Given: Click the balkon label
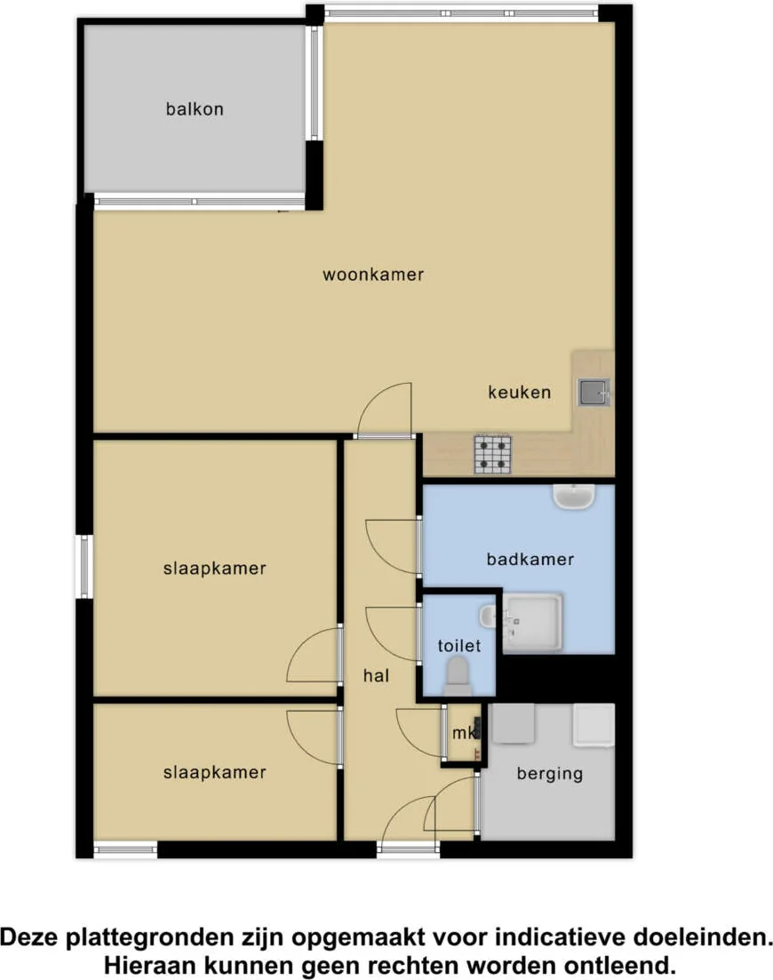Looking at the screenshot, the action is pos(195,109).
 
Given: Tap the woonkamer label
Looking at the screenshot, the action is pos(373,275).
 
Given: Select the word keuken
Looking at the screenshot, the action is pos(519,393).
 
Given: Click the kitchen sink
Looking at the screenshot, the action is pos(593,393).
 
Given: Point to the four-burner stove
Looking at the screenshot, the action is pos(492,454).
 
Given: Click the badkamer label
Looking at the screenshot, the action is pos(530,559).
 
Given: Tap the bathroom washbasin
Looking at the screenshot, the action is pos(574,497).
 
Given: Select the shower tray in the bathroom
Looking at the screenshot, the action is pos(532,623).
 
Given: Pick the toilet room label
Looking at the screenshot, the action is pos(459,646).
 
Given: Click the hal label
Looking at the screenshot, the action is pos(376,675).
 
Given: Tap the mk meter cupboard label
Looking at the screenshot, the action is pos(463,732).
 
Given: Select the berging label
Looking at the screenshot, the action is pos(550,774).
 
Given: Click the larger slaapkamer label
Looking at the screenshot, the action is pos(214,568).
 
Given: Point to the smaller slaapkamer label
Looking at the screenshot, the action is pos(214,772).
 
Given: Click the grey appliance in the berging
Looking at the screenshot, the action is pos(513,724).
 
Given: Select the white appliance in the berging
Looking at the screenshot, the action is pos(594,725).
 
